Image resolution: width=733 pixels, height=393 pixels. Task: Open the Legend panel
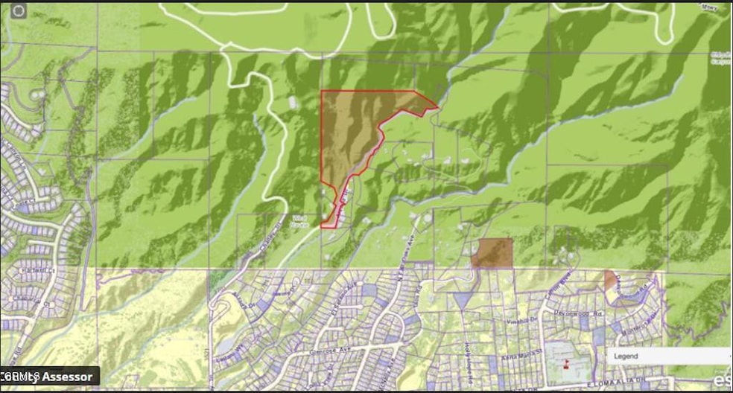(x=667, y=357)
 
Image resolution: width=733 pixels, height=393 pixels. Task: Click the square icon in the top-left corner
(x=19, y=10)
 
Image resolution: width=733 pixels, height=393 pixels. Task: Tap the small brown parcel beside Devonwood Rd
(x=611, y=281)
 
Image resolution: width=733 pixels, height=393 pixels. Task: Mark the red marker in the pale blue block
(x=566, y=364)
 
